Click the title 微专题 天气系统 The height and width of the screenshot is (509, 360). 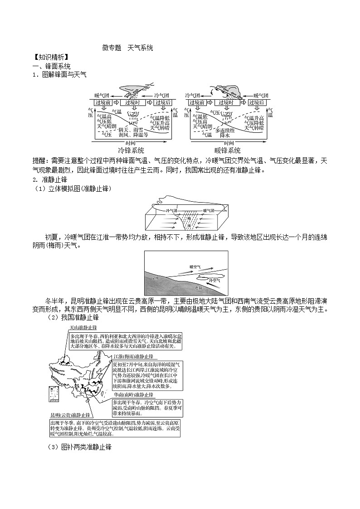pos(127,48)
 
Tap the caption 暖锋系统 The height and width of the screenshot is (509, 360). pos(228,150)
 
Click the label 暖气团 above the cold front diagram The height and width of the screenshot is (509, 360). pos(102,96)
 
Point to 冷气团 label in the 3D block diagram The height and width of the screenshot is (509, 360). pos(173,211)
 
